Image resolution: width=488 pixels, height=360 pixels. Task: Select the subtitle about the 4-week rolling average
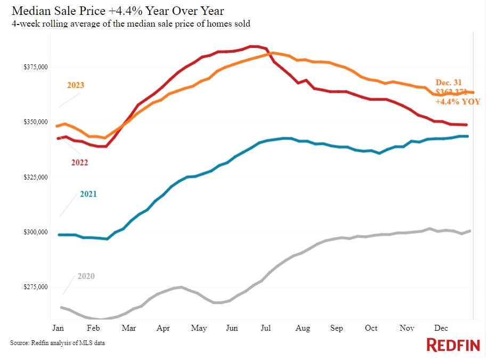point(131,24)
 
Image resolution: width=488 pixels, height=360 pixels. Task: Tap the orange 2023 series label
point(76,85)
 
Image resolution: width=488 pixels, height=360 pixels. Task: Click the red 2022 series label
point(79,162)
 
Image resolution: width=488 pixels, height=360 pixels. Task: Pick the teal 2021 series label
point(88,194)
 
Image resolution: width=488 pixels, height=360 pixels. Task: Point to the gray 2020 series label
point(86,276)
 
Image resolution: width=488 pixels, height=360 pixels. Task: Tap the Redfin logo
point(453,345)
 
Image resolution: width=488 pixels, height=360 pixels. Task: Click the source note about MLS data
point(58,343)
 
